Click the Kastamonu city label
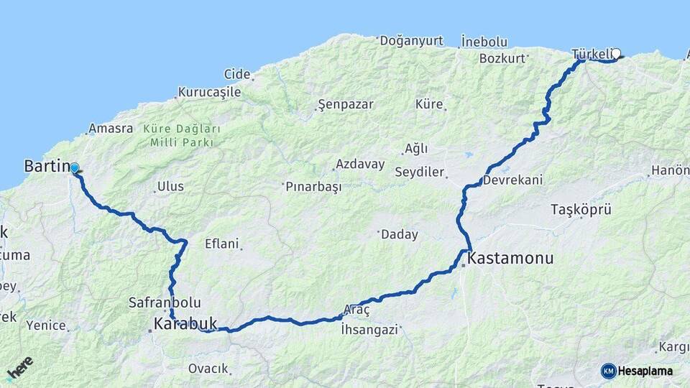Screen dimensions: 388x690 (x=511, y=258)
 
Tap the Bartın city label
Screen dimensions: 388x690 (x=45, y=166)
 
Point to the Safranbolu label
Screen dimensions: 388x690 (x=165, y=302)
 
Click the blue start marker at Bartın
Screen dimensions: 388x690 (x=74, y=168)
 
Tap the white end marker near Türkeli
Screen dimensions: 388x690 (x=616, y=53)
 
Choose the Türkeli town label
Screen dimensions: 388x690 (x=592, y=54)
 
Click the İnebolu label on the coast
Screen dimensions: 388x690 (x=484, y=41)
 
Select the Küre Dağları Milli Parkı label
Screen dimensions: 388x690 (x=182, y=135)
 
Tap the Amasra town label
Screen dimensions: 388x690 (x=111, y=129)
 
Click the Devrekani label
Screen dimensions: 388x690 (x=512, y=180)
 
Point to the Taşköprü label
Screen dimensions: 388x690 (x=581, y=210)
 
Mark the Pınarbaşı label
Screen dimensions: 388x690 (x=313, y=186)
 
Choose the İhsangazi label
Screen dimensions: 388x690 (x=369, y=330)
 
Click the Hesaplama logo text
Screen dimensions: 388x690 (x=645, y=371)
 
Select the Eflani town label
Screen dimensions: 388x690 (x=221, y=244)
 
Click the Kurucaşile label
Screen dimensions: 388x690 (x=209, y=92)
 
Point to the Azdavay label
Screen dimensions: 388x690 (x=360, y=164)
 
